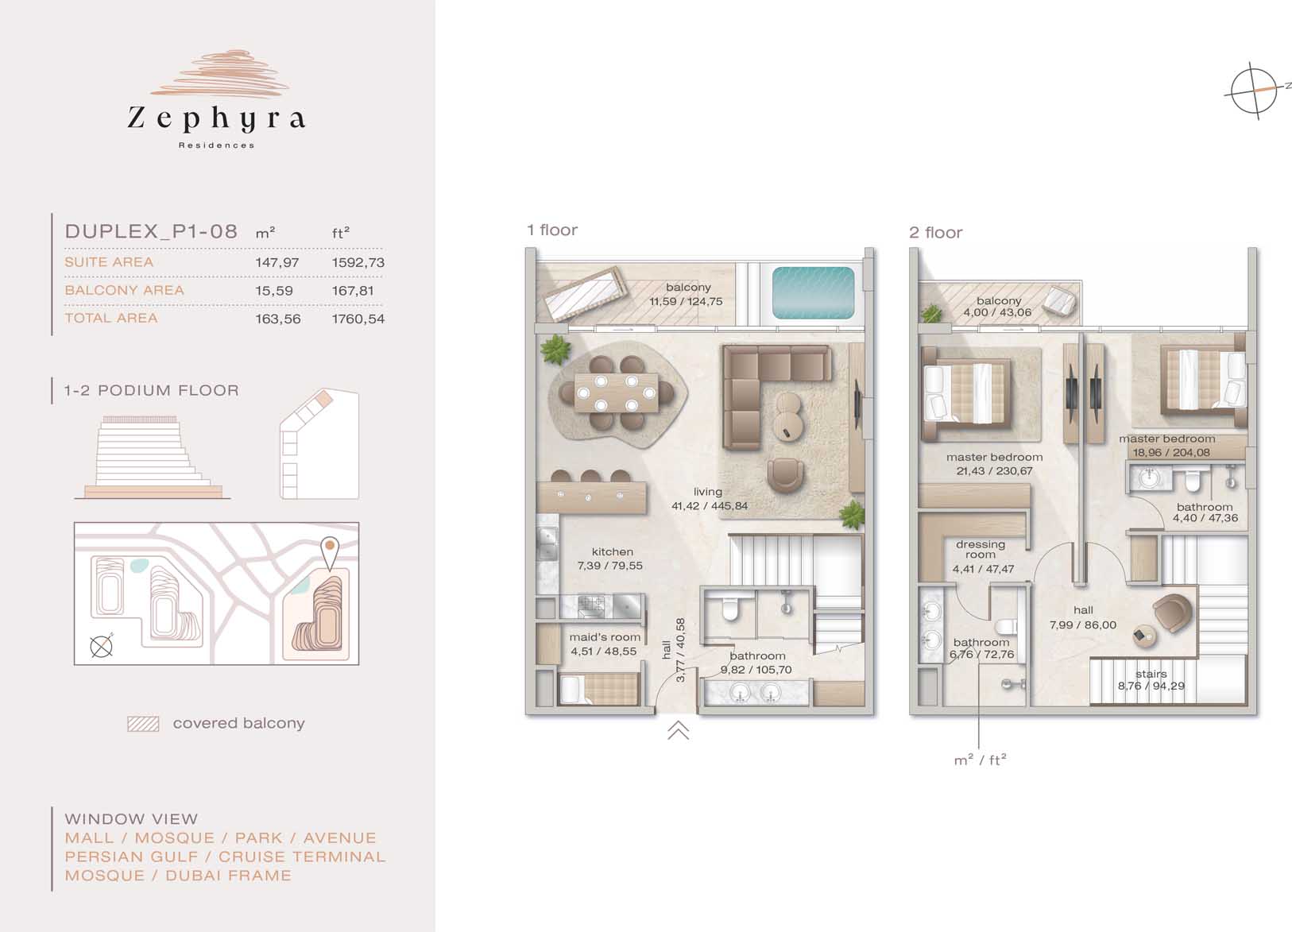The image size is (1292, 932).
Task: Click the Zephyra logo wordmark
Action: point(216,118)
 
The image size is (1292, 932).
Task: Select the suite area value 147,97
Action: point(277,262)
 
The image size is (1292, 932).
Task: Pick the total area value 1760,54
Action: point(358,319)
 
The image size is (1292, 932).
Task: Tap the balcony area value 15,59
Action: point(274,291)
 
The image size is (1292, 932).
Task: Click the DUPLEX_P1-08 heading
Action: point(151,231)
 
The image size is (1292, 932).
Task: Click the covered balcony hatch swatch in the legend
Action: point(143,724)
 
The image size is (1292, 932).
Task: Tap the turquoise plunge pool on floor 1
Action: point(814,293)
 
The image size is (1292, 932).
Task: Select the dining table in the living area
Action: point(616,393)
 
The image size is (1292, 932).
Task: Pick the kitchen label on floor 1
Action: point(612,552)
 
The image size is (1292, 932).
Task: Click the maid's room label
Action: point(605,637)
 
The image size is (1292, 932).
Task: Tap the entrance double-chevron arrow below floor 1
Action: point(679,730)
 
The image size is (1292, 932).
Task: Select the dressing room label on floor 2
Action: point(980,549)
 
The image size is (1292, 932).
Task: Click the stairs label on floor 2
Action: point(1151,674)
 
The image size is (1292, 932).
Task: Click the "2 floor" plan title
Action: point(935,233)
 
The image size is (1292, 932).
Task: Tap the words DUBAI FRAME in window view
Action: point(228,876)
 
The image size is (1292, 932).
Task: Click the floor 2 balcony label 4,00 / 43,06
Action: point(998,312)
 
